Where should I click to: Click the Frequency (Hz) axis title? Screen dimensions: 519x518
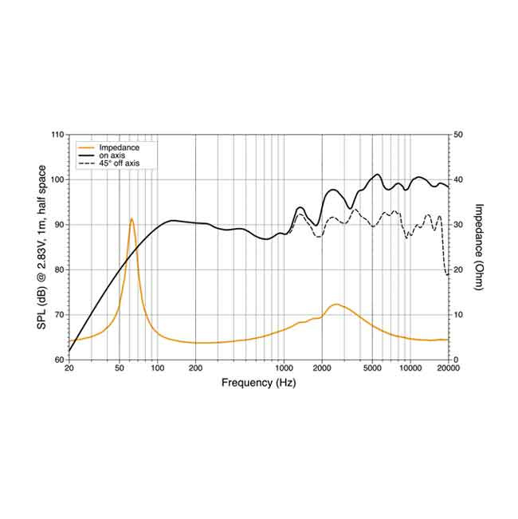(x=258, y=383)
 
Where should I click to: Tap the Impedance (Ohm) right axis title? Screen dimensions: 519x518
(x=479, y=247)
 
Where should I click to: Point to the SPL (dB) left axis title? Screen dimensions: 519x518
(x=42, y=247)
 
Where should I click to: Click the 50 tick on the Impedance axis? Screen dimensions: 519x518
(x=457, y=135)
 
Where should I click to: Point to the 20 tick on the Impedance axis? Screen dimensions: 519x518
(x=457, y=269)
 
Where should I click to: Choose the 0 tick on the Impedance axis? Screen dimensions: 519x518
(x=455, y=360)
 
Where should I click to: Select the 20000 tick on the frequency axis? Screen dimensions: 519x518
(x=447, y=369)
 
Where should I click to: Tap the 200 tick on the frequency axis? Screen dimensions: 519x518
(x=195, y=369)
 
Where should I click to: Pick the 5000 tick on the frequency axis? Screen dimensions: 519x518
(x=371, y=369)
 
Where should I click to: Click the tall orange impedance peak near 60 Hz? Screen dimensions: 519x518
(x=131, y=218)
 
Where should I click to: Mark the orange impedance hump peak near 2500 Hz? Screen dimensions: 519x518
(x=336, y=304)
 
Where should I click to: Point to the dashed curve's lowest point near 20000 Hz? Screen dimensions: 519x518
(x=446, y=275)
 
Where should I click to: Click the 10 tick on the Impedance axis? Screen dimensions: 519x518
(x=457, y=315)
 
